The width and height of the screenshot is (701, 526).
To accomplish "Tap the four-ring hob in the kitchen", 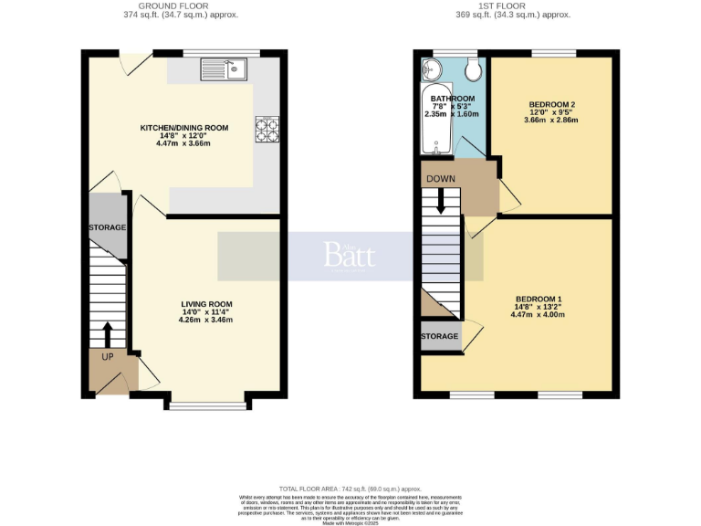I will (x=267, y=130).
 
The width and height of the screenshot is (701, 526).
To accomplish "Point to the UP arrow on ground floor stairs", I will (x=108, y=333).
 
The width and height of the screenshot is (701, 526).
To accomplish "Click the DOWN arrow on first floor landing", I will (x=441, y=200).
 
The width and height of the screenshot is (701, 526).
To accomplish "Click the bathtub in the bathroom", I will (x=430, y=123).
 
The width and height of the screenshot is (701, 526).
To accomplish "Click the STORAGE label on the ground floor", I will (x=107, y=226).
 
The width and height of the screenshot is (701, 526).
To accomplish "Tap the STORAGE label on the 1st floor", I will (x=440, y=337).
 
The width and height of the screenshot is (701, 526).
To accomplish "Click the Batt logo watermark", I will (x=350, y=255).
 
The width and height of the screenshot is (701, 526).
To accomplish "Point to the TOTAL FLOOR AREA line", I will (x=350, y=489).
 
